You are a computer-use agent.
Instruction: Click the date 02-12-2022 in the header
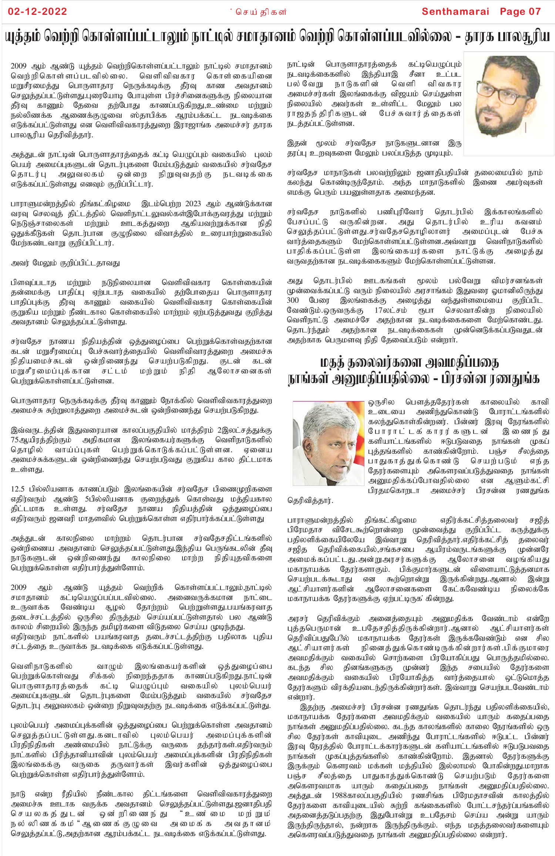(37, 11)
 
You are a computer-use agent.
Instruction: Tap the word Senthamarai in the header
(455, 11)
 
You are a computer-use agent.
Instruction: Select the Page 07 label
(520, 11)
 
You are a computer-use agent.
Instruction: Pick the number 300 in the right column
(293, 300)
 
